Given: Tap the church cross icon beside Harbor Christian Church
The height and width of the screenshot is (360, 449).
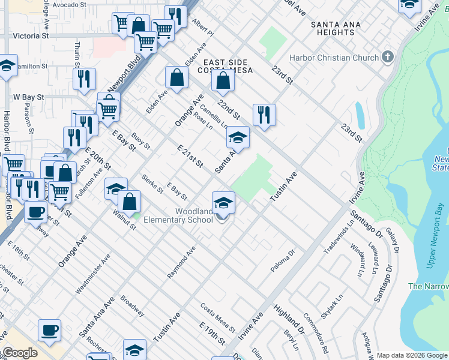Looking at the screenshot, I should [x=388, y=58].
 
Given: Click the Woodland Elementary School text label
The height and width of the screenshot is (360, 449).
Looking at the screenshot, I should [x=194, y=215].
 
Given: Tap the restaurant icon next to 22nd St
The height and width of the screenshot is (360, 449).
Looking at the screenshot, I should [x=264, y=114].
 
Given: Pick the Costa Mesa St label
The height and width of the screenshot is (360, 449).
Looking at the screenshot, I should [x=217, y=317].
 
